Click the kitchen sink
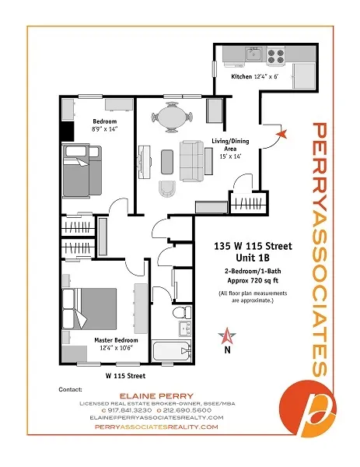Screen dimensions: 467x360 click(253, 55)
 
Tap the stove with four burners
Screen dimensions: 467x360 click(276, 55)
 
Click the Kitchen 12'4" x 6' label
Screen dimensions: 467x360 click(257, 78)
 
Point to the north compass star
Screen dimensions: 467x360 click(227, 336)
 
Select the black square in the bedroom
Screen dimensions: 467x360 click(68, 132)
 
